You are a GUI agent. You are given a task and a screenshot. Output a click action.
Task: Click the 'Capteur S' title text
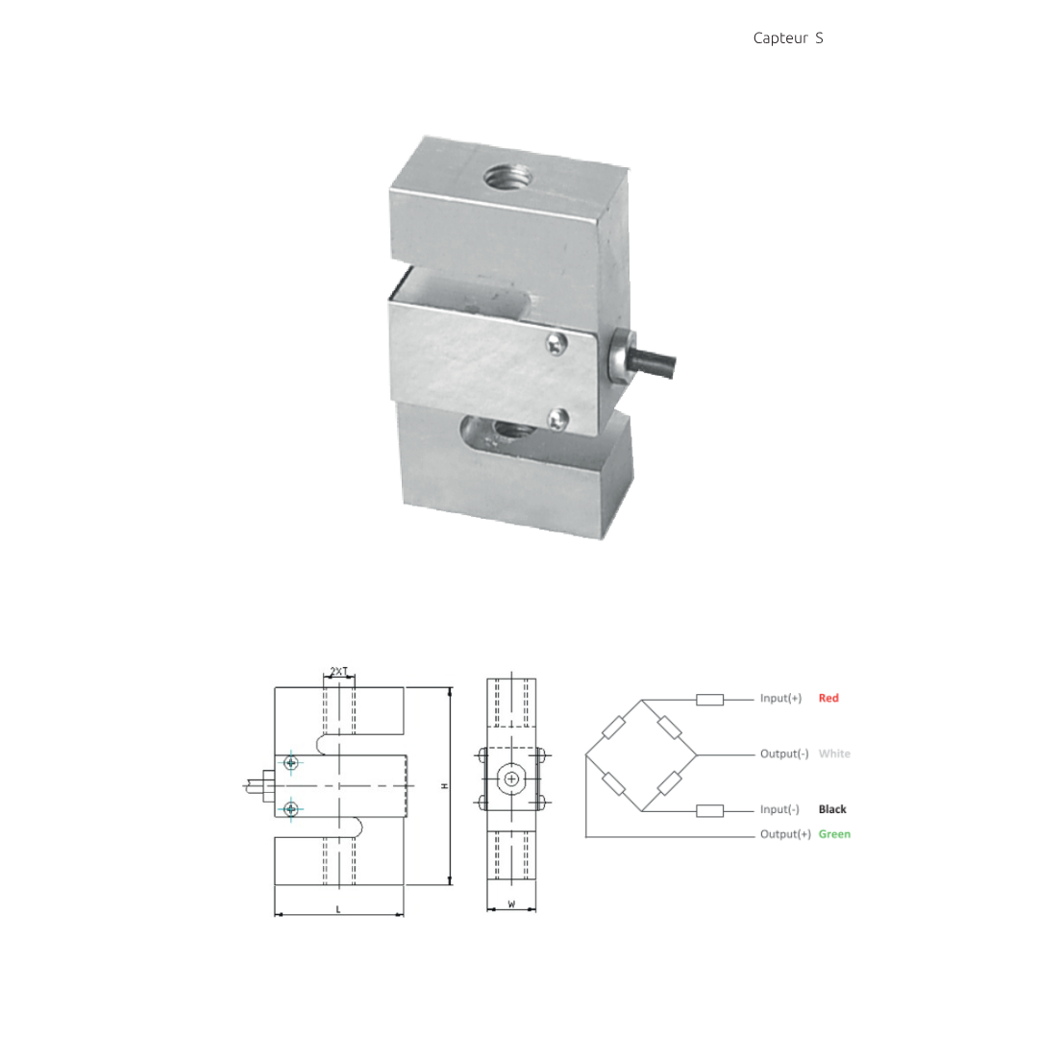pyautogui.click(x=788, y=38)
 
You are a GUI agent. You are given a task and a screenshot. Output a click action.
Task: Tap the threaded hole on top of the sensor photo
pyautogui.click(x=507, y=177)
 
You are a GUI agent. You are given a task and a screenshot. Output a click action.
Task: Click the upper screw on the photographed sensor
pyautogui.click(x=556, y=343)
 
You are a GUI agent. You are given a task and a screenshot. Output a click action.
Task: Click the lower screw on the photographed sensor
pyautogui.click(x=558, y=418)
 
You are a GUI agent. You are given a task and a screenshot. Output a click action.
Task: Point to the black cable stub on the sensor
pyautogui.click(x=652, y=363)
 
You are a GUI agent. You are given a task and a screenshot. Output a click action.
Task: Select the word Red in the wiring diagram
pyautogui.click(x=828, y=698)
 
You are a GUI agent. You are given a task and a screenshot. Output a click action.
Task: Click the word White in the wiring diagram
pyautogui.click(x=834, y=754)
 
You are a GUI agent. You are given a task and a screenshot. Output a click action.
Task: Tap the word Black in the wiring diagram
pyautogui.click(x=832, y=809)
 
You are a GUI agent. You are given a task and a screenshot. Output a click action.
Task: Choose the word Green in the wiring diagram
pyautogui.click(x=834, y=834)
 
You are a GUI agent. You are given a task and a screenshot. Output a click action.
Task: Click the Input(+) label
pyautogui.click(x=780, y=698)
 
